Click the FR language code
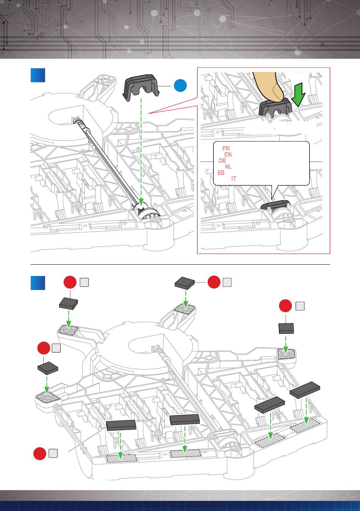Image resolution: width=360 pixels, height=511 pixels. coord(226,149)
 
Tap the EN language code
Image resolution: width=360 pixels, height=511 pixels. coord(228,155)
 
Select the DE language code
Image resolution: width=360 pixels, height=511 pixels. coord(222,161)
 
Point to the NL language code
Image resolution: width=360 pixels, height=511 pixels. coord(228,167)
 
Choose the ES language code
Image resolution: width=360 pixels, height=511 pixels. coord(221,173)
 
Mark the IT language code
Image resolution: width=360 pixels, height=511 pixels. coord(234,179)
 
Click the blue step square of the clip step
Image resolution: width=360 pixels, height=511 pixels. coord(38,75)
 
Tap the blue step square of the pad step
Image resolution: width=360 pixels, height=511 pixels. coord(38,282)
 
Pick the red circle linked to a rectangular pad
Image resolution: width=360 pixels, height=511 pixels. coord(39,453)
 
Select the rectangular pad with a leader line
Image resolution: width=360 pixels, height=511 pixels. coord(121,425)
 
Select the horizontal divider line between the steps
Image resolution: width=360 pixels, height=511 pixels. coord(180,264)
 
